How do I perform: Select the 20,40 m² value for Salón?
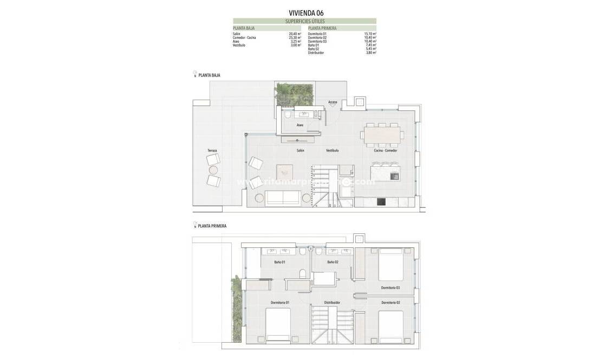tap(295, 34)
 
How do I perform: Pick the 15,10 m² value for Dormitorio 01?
tap(370, 34)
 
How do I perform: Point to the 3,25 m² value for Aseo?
tap(295, 41)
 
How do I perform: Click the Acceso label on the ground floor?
tap(333, 102)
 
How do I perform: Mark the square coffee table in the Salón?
tap(284, 172)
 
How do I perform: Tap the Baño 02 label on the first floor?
tap(333, 262)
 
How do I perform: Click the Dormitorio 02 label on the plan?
tap(390, 302)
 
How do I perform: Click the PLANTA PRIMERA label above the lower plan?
tap(212, 226)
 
